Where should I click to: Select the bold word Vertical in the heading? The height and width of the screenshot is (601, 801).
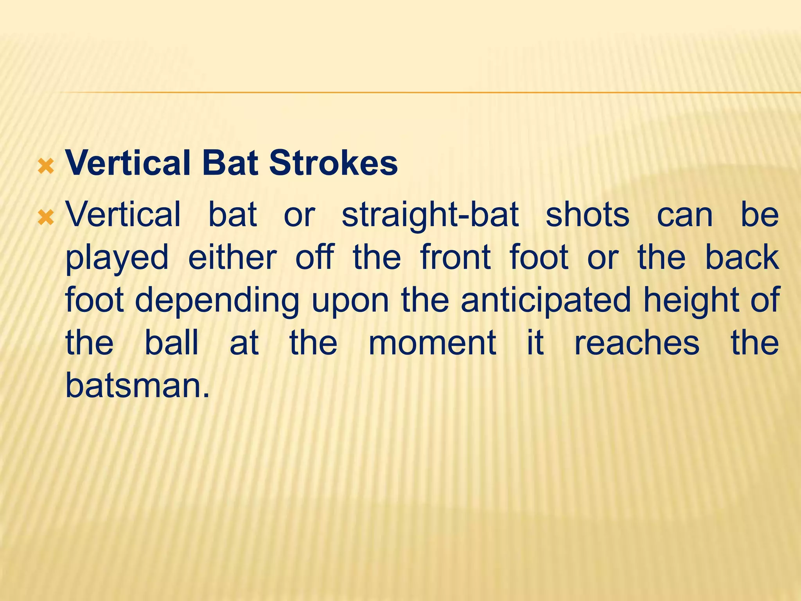coord(128,163)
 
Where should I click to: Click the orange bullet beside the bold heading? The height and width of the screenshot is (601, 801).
coord(46,167)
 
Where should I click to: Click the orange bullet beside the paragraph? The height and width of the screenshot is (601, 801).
coord(46,218)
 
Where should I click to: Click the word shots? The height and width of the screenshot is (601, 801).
coord(587,215)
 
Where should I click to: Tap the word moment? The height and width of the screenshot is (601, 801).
coord(432,343)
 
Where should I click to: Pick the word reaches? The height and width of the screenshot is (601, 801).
coord(636,343)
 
